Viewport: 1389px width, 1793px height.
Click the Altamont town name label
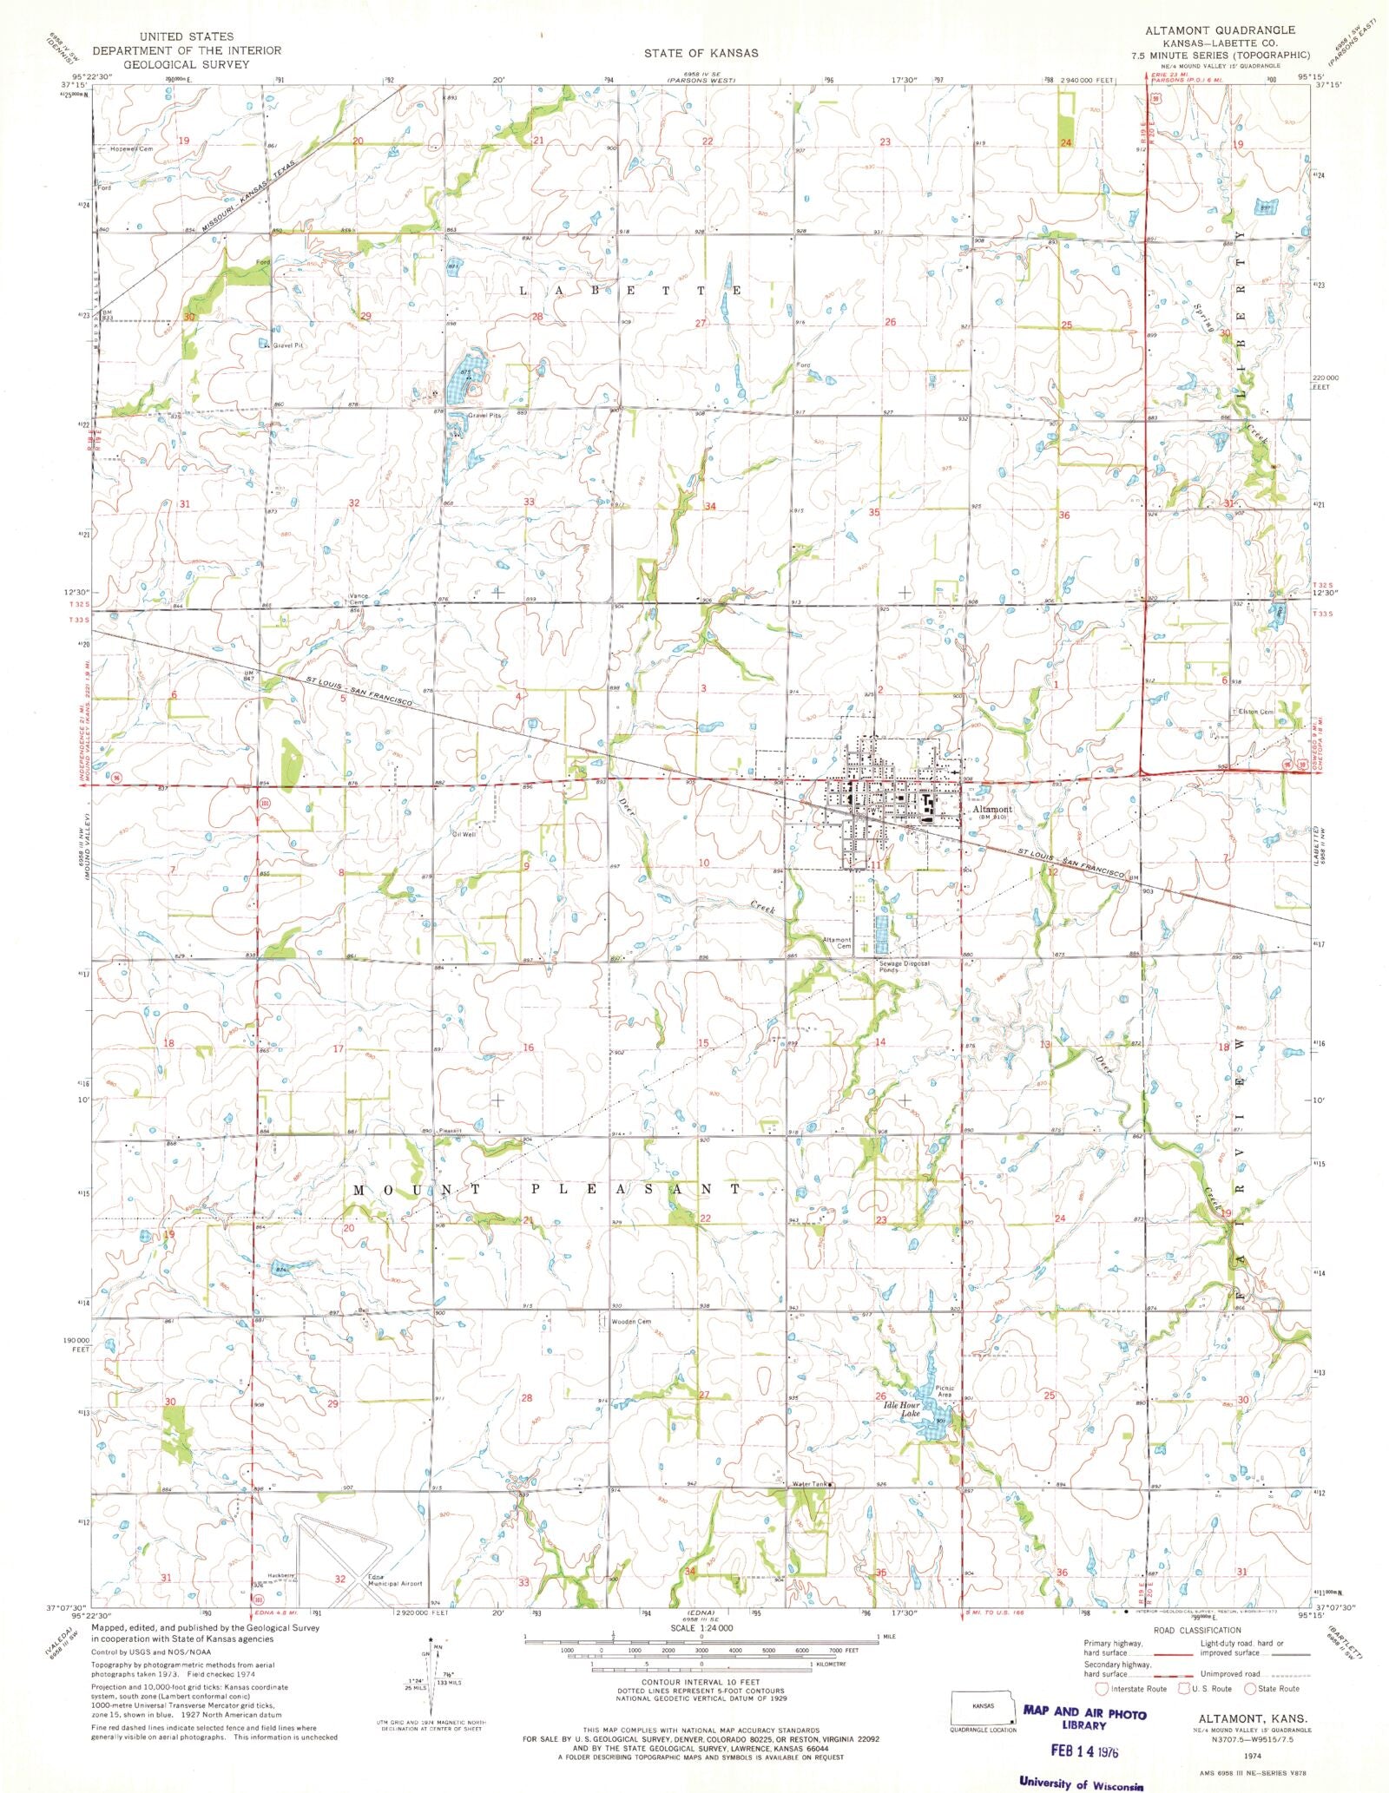click(992, 809)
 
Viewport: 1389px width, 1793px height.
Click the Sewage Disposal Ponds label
click(904, 966)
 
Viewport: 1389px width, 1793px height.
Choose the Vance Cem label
click(359, 599)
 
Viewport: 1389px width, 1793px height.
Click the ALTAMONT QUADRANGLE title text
click(1220, 30)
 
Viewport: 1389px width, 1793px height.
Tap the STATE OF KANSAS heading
click(701, 53)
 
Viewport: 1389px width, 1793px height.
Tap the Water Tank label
click(808, 1484)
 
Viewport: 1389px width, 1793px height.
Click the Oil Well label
click(464, 834)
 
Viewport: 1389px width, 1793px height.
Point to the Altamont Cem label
click(837, 942)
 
